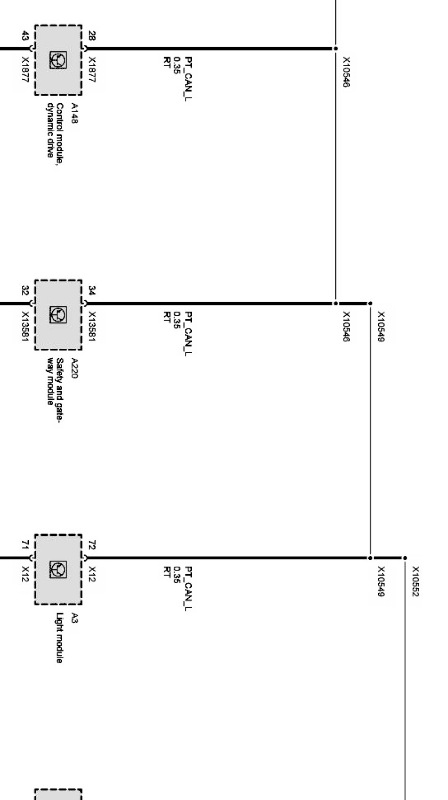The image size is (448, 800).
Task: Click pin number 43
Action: (25, 36)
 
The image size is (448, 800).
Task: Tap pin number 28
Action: (92, 36)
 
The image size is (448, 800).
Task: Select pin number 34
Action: (92, 291)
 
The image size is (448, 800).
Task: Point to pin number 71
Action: (25, 545)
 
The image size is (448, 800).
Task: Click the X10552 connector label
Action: (415, 581)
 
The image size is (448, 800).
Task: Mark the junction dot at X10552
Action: (405, 558)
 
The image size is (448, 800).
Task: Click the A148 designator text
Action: (74, 114)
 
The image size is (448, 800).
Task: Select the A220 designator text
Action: (74, 368)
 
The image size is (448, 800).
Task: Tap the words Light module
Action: (60, 638)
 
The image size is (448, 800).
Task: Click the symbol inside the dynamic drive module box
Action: (58, 60)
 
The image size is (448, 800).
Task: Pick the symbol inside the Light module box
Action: (58, 569)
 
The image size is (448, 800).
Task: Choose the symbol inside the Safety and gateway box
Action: (58, 314)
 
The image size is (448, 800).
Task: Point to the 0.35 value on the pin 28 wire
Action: (177, 65)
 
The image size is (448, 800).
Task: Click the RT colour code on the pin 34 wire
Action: (166, 316)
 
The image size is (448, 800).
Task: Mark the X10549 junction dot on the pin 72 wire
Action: (370, 558)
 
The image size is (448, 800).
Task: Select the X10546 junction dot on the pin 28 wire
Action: (336, 48)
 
